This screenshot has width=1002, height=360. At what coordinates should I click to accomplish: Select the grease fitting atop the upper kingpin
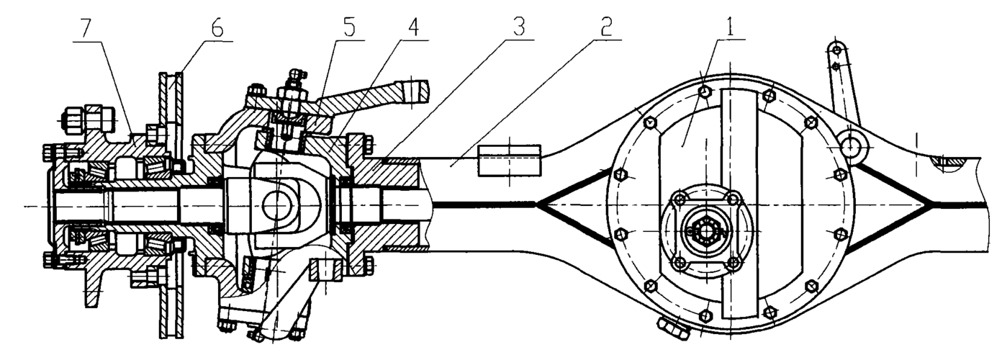[296, 76]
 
